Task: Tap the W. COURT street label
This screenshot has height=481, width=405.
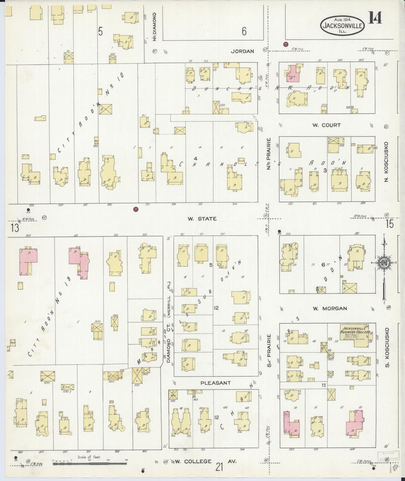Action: pyautogui.click(x=327, y=125)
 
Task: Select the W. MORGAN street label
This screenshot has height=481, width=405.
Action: pyautogui.click(x=330, y=308)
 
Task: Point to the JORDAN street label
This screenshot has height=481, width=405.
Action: pyautogui.click(x=242, y=51)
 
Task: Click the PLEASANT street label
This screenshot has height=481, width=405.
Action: pyautogui.click(x=216, y=382)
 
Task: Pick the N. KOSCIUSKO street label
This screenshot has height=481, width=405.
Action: pyautogui.click(x=386, y=162)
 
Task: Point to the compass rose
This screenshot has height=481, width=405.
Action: pyautogui.click(x=384, y=263)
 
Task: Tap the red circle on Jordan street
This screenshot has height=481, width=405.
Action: pyautogui.click(x=286, y=44)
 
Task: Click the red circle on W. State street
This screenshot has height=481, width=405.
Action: pyautogui.click(x=136, y=209)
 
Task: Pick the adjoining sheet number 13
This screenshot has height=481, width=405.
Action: pyautogui.click(x=15, y=228)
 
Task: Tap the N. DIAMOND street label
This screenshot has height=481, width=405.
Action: pyautogui.click(x=154, y=27)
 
